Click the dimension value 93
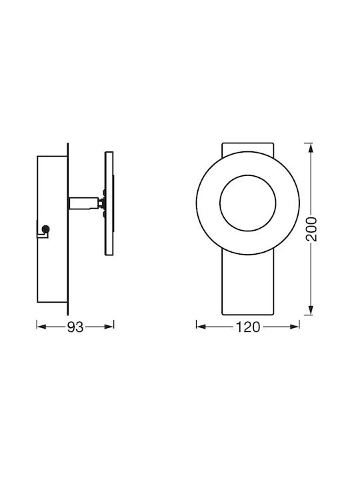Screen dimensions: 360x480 click(x=75, y=327)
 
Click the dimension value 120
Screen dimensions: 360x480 click(x=248, y=327)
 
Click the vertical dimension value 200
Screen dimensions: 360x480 click(x=311, y=229)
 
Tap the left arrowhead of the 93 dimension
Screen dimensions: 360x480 click(x=41, y=327)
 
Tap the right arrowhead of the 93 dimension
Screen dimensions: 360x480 click(x=109, y=327)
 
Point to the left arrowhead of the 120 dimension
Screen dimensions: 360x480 click(x=201, y=327)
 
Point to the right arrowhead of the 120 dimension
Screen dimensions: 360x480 click(x=295, y=327)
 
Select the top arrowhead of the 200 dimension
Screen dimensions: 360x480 click(x=311, y=147)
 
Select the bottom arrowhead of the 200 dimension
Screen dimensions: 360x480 click(x=311, y=310)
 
